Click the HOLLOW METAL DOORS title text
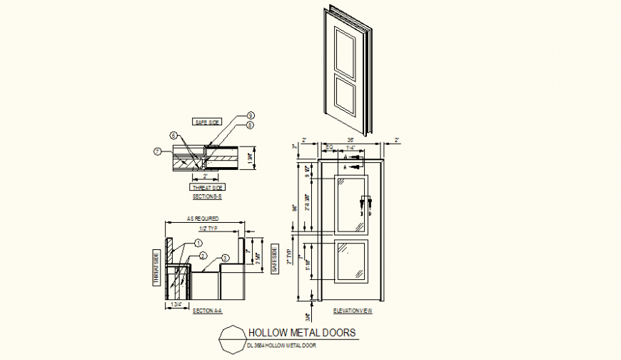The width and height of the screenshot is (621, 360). click(x=301, y=333)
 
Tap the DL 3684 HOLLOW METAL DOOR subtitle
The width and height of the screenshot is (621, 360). click(x=281, y=346)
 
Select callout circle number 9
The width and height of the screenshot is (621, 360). click(x=251, y=116)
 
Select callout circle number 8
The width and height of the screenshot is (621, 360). click(x=251, y=126)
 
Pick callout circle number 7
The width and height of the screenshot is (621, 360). click(x=158, y=151)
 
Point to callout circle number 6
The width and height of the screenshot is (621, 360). click(x=173, y=135)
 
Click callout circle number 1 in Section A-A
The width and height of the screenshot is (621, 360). click(x=198, y=244)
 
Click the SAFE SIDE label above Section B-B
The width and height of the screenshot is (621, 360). click(x=206, y=122)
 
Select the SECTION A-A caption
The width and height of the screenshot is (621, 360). click(x=208, y=311)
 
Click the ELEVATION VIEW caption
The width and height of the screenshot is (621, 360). click(x=353, y=311)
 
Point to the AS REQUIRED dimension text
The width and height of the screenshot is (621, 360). click(x=203, y=219)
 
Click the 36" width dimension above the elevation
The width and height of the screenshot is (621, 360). click(x=351, y=141)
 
